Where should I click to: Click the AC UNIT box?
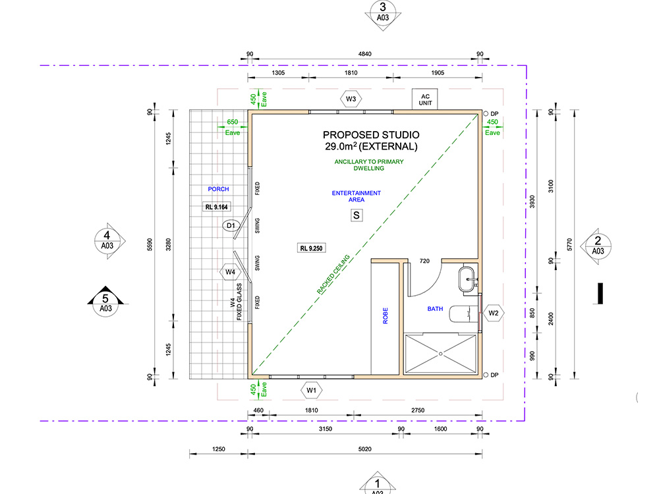(x=424, y=99)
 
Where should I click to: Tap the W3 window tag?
(x=351, y=99)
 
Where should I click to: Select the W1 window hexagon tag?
(x=312, y=390)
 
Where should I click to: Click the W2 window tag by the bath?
(x=494, y=313)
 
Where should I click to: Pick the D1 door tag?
(x=231, y=225)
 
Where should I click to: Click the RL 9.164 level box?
(x=216, y=207)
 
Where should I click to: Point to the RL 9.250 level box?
(x=312, y=248)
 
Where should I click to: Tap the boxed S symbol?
(x=357, y=215)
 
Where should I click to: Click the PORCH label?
(x=219, y=189)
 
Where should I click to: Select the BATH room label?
(x=435, y=309)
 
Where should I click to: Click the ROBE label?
(x=386, y=316)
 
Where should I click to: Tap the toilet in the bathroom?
(x=463, y=314)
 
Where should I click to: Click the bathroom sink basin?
(x=467, y=279)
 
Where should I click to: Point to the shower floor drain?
(x=440, y=354)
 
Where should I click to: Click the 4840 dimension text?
(x=365, y=54)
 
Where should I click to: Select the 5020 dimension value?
(x=365, y=449)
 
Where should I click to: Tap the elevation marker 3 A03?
(x=383, y=13)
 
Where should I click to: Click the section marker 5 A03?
(x=105, y=302)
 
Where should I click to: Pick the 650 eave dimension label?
(x=233, y=122)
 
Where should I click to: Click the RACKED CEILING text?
(x=333, y=274)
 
